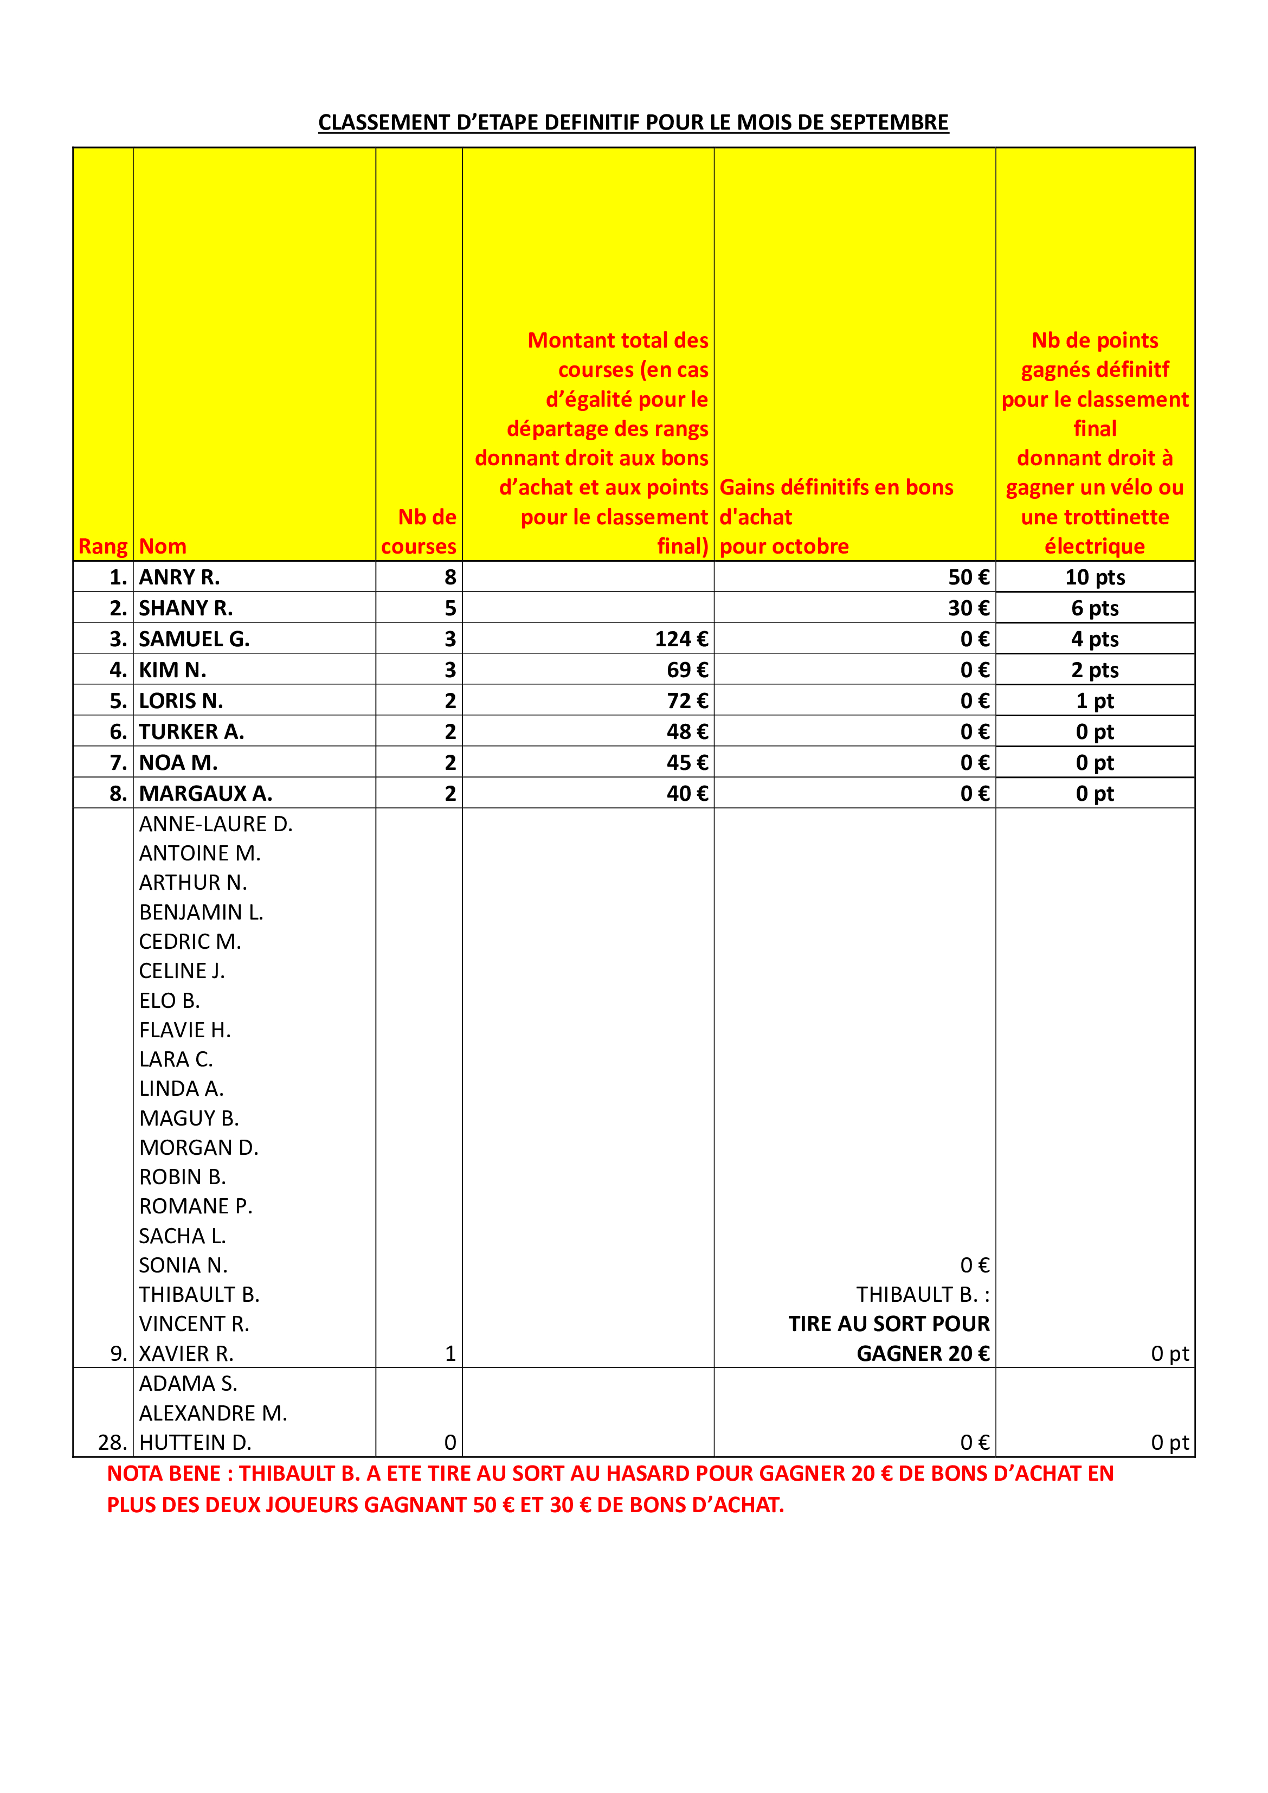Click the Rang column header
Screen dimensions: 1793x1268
coord(102,546)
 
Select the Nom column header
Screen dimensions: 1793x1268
coord(163,546)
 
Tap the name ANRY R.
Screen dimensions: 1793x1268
coord(179,577)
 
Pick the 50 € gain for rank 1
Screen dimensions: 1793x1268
coord(968,577)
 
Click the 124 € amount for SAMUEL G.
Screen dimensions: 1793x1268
coord(681,639)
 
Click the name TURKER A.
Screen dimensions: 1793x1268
coord(191,732)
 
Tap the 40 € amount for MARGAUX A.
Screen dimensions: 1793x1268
coord(687,793)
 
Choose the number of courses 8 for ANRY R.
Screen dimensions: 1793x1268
coord(450,577)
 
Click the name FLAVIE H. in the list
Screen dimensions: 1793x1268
coord(185,1030)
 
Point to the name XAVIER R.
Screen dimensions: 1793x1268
coord(186,1353)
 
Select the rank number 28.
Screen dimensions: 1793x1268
coord(112,1442)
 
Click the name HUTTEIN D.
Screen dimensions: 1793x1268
coord(195,1442)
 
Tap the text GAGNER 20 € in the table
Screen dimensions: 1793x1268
coord(923,1353)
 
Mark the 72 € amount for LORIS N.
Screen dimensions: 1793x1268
coord(687,701)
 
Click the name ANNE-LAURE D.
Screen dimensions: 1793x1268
coord(216,824)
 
